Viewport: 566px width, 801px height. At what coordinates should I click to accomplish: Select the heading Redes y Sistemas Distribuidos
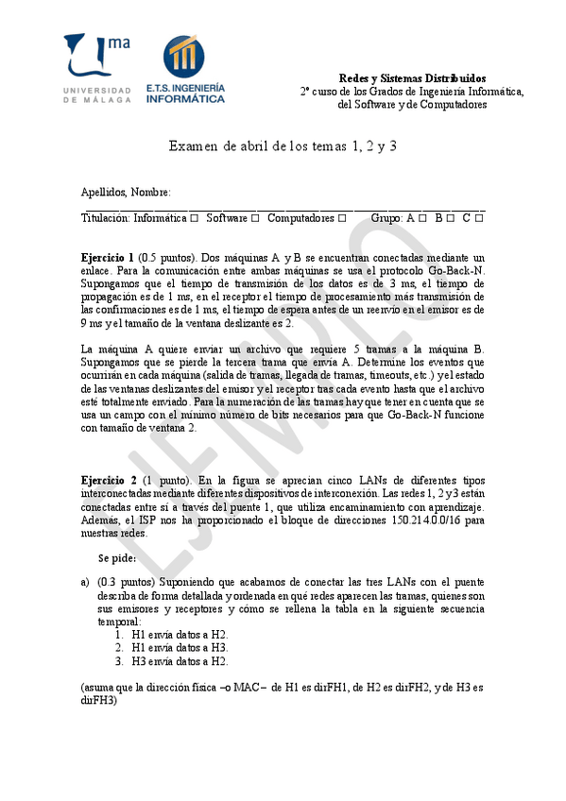point(412,77)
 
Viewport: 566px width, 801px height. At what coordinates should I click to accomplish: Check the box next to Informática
point(194,218)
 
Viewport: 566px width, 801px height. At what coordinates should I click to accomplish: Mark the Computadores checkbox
point(341,218)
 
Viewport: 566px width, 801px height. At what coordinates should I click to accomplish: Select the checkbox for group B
point(451,218)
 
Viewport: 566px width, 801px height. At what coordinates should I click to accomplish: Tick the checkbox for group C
point(479,218)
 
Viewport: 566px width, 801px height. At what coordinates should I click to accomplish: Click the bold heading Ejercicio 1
point(108,257)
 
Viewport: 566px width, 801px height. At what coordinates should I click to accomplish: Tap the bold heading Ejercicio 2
point(108,481)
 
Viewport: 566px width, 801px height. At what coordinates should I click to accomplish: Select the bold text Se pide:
point(116,557)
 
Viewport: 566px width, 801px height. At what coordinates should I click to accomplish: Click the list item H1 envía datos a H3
point(180,648)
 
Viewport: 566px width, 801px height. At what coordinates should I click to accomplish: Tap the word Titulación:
point(106,218)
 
